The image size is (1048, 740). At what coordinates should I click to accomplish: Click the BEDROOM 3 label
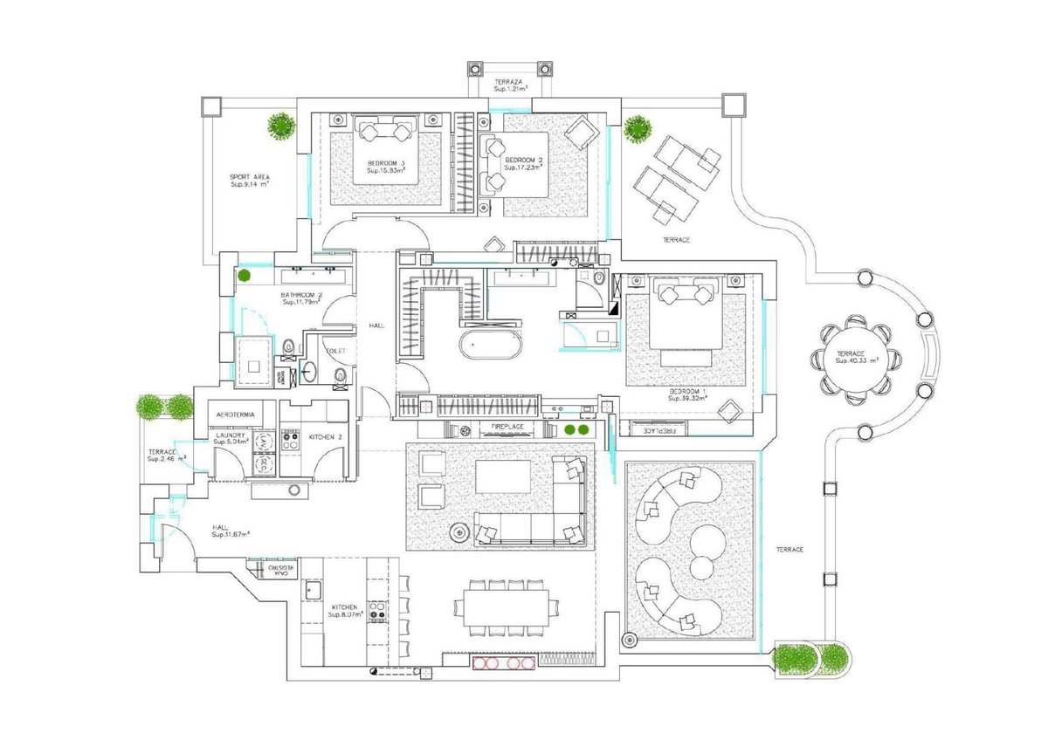click(385, 163)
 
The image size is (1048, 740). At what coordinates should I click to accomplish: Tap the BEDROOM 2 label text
click(524, 161)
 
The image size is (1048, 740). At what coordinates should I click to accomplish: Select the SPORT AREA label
click(249, 176)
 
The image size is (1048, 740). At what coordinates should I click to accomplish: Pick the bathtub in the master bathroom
click(492, 345)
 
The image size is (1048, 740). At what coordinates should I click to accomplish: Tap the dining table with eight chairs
click(507, 607)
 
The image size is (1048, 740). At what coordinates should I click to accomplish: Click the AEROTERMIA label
click(237, 415)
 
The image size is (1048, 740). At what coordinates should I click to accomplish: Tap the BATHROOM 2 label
click(302, 295)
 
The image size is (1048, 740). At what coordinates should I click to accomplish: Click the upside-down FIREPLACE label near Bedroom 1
click(659, 429)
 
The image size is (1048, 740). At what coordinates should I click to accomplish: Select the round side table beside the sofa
click(460, 532)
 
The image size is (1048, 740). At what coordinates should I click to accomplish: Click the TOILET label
click(336, 351)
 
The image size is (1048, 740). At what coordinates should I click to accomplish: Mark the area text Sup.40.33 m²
click(856, 359)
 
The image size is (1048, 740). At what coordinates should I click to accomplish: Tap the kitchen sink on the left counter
click(313, 590)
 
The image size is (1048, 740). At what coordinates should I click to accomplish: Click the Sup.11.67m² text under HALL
click(231, 534)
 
